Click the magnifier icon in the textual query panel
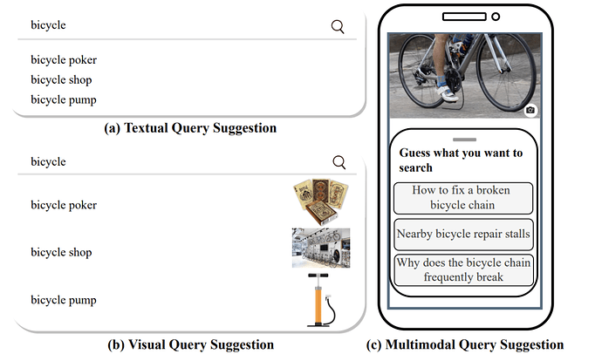338,26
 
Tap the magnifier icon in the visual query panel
339,162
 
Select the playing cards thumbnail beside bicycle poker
320,201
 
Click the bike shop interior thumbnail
321,248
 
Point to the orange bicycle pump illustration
321,300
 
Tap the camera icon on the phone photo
530,110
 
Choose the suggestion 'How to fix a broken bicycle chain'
463,198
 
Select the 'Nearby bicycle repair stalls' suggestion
463,234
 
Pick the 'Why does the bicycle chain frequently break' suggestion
463,269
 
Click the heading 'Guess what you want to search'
461,160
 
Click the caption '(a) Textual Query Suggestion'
190,128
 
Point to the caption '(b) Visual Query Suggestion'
190,344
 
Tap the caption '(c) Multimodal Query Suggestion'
465,344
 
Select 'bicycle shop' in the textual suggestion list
61,80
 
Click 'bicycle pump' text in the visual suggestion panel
64,300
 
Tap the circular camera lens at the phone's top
496,17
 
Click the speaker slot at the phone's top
464,17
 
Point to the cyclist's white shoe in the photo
448,93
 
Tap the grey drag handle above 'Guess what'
464,140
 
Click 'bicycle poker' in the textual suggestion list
64,60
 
